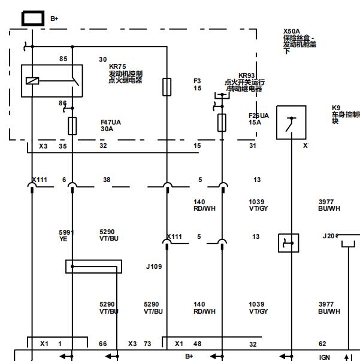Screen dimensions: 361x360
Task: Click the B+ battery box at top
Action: click(x=32, y=19)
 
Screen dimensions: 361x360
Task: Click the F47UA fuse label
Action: click(x=111, y=122)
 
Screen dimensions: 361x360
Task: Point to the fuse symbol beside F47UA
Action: click(x=72, y=125)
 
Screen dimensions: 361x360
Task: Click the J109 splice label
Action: click(x=154, y=266)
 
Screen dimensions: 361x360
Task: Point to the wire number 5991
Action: click(x=65, y=232)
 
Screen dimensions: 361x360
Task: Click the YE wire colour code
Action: click(x=63, y=239)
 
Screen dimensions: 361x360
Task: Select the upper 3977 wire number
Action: click(x=326, y=202)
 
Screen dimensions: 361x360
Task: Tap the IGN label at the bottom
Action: click(x=324, y=356)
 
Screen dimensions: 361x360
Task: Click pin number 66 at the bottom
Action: click(x=103, y=344)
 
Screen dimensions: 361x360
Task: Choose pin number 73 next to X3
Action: click(x=147, y=344)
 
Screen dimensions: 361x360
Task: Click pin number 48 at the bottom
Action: click(x=197, y=344)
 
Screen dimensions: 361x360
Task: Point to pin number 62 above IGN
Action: click(x=322, y=344)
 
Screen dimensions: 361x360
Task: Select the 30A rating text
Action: click(x=107, y=129)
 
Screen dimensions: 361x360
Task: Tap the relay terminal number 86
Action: click(x=62, y=103)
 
